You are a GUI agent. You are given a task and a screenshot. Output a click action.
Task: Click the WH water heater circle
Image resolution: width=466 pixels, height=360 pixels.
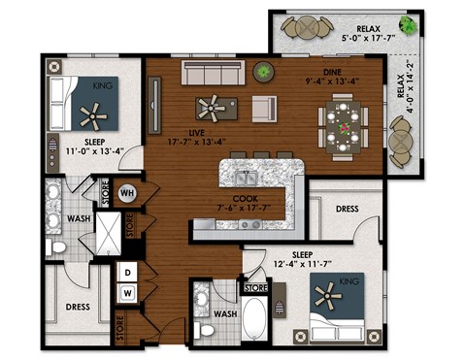(x=126, y=192)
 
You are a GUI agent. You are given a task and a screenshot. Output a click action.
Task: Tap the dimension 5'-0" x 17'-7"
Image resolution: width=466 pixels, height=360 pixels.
(x=368, y=40)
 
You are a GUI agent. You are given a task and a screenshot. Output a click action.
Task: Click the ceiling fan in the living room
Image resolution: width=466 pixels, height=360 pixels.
(x=210, y=106)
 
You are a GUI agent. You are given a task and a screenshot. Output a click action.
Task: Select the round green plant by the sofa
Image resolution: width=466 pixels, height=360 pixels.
(x=262, y=72)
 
